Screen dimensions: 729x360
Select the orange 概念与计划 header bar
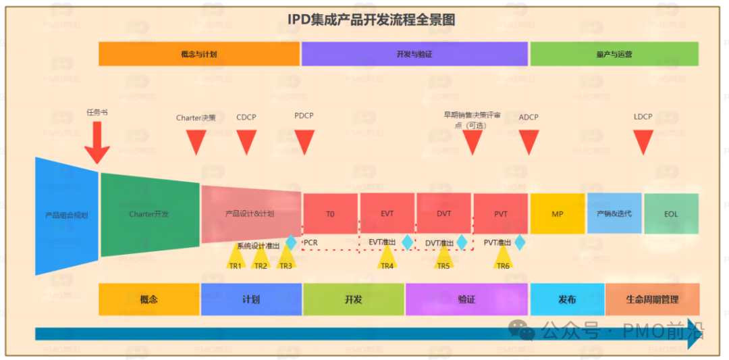point(199,54)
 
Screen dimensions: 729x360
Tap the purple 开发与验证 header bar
point(414,54)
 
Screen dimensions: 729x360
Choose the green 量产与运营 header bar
point(614,54)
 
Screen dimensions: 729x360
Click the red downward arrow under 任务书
point(97,143)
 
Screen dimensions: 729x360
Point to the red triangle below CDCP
point(246,140)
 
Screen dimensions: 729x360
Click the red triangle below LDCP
point(643,140)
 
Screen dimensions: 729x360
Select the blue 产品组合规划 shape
point(67,215)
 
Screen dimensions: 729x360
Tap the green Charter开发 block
point(150,214)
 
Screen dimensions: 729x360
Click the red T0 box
point(330,214)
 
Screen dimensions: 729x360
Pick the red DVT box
point(443,214)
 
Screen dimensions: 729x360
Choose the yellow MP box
point(557,214)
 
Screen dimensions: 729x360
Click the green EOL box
point(671,214)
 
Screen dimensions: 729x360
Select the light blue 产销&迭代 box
point(614,213)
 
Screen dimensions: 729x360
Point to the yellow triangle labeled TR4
point(387,257)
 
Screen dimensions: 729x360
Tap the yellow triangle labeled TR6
point(503,257)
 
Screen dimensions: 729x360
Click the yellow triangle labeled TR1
point(236,257)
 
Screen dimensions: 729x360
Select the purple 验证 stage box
point(466,299)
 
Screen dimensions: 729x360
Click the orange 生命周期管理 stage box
point(652,299)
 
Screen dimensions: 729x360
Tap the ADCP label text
point(529,117)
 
